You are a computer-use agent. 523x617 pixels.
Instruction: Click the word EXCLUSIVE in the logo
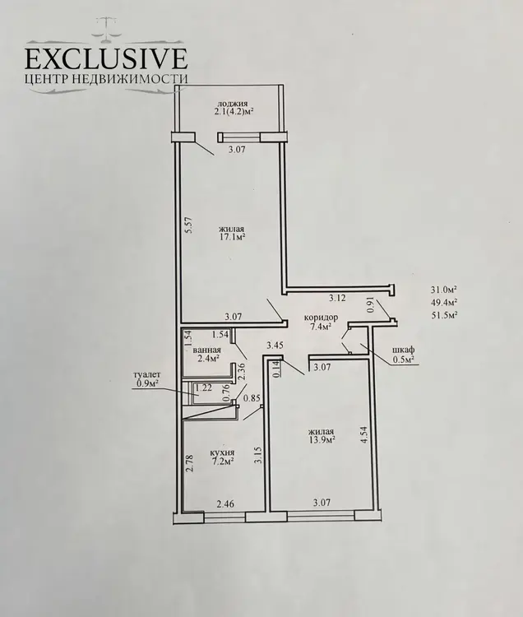click(106, 59)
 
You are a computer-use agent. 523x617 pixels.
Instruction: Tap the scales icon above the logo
click(106, 29)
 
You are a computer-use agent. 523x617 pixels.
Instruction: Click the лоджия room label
click(233, 104)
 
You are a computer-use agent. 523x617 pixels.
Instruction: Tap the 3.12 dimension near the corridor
click(337, 298)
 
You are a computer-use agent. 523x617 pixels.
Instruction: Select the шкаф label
click(404, 350)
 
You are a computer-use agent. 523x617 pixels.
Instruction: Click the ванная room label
click(207, 350)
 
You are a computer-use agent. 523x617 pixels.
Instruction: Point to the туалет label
click(146, 375)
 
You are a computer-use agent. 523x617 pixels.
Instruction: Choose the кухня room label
click(223, 452)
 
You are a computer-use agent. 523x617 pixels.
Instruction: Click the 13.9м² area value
click(322, 440)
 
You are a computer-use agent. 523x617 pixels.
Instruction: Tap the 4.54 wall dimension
click(364, 435)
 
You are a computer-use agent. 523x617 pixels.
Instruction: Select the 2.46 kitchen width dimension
click(225, 503)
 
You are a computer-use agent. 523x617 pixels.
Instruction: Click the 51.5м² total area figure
click(443, 316)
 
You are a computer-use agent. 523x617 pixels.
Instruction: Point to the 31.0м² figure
click(443, 290)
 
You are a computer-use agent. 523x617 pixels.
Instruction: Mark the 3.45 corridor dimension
click(275, 346)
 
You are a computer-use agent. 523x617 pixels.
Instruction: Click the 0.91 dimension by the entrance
click(370, 307)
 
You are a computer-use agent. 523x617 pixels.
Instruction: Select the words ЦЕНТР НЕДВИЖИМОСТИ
click(106, 79)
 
